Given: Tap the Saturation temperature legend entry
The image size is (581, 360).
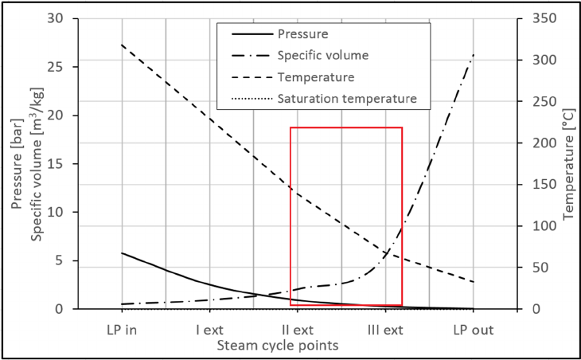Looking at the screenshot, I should tap(347, 100).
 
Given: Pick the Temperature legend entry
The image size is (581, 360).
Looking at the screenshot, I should tap(316, 78).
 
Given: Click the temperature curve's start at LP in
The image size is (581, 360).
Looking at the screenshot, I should tap(122, 45).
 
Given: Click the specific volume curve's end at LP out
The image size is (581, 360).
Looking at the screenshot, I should tap(474, 55).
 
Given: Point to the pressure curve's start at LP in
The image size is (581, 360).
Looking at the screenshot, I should tap(122, 252).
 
